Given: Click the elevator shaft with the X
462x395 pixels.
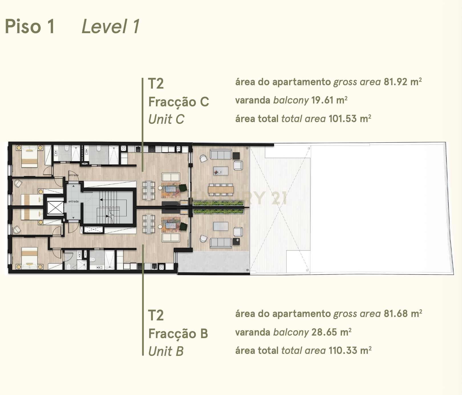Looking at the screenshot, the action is point(55,208).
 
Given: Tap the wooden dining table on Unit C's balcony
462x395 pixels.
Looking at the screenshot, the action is point(221,189).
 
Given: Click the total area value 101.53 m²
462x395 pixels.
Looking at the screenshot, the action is point(350,119).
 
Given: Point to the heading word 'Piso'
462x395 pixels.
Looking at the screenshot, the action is point(23,26).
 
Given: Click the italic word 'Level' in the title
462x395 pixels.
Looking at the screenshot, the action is point(104,26).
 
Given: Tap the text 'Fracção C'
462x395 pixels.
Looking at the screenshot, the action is point(179,102).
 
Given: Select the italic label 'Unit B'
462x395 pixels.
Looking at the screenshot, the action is point(166,351).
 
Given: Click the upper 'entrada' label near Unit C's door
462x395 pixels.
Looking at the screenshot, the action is point(74,175).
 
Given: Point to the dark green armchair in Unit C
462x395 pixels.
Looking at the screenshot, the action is point(183,188).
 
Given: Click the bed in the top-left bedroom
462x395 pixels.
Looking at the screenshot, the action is point(29,157).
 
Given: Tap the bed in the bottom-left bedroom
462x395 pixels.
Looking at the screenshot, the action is point(29,258).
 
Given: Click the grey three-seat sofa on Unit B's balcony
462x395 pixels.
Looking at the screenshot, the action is point(221,243).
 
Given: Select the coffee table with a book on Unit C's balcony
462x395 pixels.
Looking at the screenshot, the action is point(221,171).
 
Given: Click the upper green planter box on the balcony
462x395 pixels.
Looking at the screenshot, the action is point(218,204).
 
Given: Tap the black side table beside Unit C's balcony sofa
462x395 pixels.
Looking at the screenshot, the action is point(236,156).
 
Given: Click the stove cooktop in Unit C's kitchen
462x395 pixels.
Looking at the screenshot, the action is point(151,149).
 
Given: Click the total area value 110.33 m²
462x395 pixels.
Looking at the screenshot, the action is point(350,350).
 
